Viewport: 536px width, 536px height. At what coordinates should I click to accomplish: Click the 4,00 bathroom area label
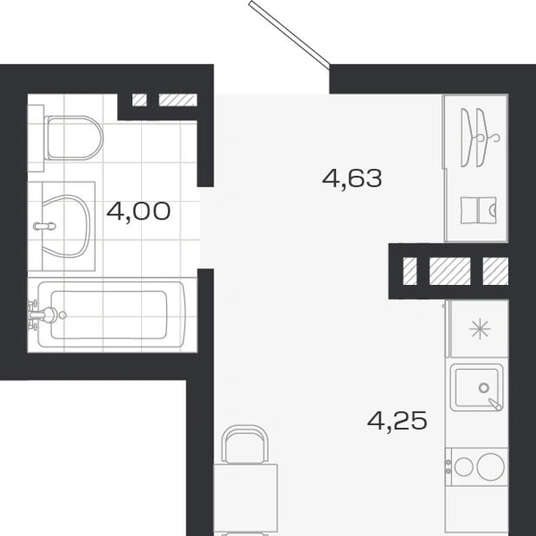click(138, 211)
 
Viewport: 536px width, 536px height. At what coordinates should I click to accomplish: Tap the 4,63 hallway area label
click(352, 179)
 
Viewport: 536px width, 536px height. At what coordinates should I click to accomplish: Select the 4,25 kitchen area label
click(398, 421)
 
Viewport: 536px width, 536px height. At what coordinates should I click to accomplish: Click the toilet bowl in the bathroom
click(73, 138)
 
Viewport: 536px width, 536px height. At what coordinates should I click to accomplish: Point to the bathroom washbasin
click(66, 226)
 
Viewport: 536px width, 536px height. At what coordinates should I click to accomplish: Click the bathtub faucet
click(44, 314)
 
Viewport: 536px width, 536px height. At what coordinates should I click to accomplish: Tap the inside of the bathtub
click(109, 314)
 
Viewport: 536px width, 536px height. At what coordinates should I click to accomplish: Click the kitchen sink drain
click(483, 388)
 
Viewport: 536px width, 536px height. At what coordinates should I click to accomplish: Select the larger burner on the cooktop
click(490, 466)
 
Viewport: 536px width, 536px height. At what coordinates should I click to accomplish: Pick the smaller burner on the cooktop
click(464, 466)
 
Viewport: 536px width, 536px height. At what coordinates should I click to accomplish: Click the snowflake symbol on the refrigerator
click(480, 329)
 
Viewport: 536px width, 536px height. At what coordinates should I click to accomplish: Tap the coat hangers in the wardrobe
click(479, 138)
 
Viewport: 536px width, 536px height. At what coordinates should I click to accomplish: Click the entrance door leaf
click(289, 33)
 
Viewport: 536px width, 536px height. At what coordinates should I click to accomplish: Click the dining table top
click(246, 499)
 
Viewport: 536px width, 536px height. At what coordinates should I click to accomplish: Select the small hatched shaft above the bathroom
click(139, 100)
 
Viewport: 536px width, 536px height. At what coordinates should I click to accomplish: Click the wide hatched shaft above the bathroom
click(178, 100)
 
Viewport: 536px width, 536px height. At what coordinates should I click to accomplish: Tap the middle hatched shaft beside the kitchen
click(450, 271)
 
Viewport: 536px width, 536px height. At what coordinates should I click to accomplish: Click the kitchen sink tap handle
click(495, 405)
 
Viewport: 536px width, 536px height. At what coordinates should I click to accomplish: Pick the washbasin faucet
click(45, 226)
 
